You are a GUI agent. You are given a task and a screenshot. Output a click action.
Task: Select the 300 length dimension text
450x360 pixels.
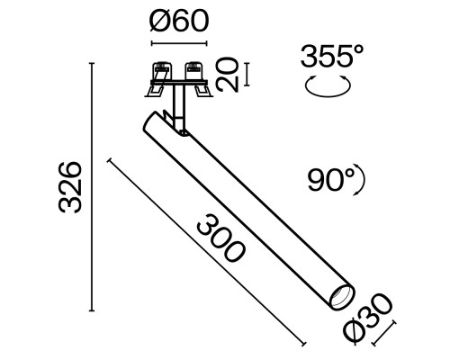pyautogui.click(x=218, y=236)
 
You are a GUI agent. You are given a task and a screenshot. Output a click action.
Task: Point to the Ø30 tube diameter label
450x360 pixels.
pyautogui.click(x=370, y=316)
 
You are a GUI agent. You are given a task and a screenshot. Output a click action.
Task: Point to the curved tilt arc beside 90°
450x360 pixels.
pyautogui.click(x=364, y=183)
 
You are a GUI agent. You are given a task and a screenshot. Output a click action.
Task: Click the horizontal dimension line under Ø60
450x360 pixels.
pyautogui.click(x=178, y=42)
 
